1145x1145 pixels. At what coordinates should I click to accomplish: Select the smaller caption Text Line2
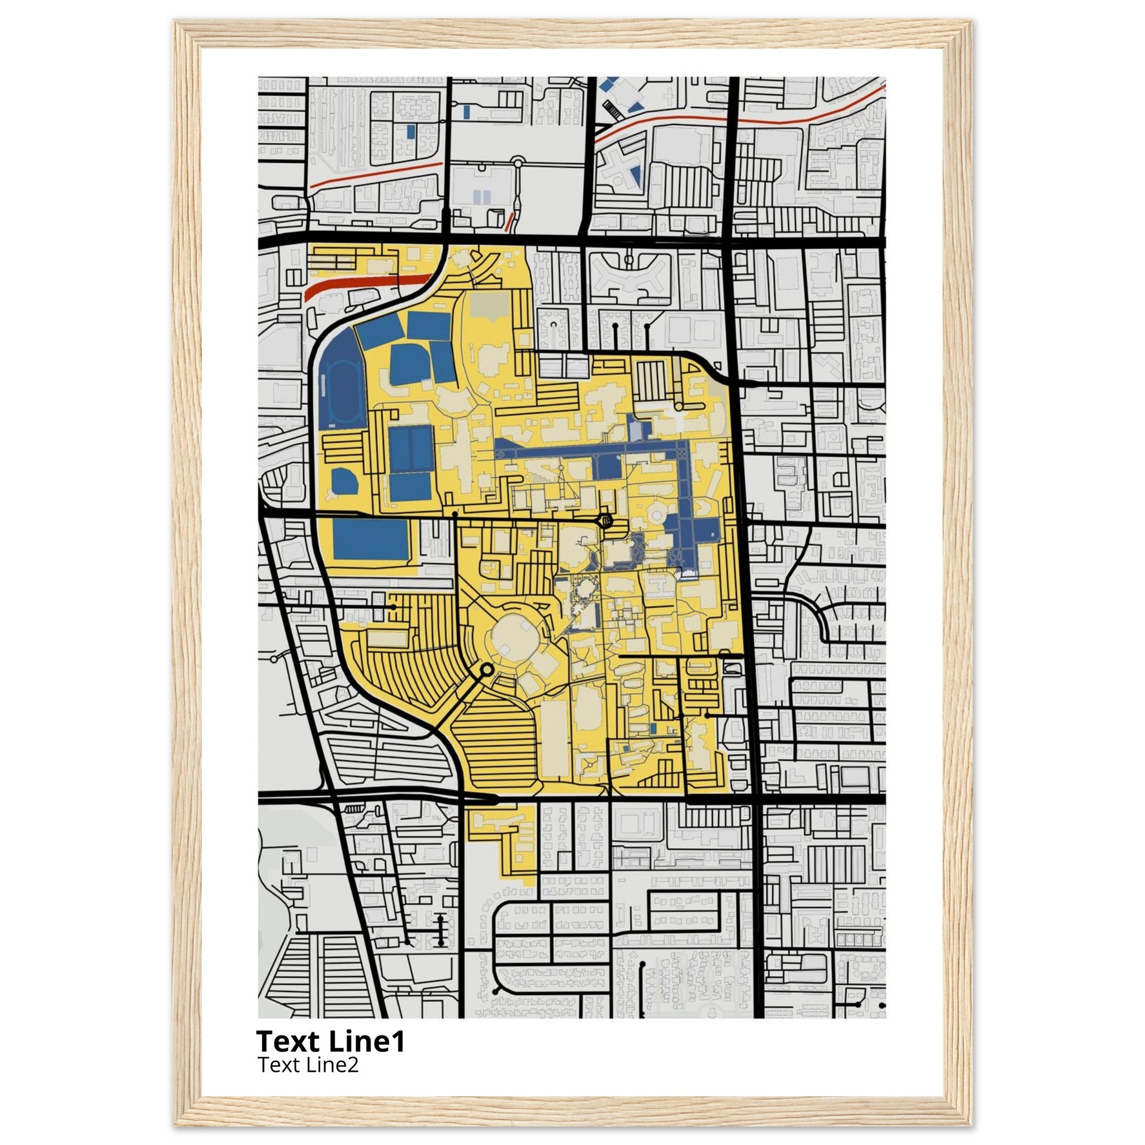pos(307,1065)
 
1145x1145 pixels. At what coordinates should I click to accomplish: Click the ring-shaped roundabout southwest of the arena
pos(486,670)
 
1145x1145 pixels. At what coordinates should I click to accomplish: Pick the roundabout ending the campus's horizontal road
pos(605,522)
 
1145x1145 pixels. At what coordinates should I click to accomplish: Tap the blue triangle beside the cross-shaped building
pos(636,176)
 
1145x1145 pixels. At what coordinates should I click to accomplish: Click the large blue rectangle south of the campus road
pos(371,540)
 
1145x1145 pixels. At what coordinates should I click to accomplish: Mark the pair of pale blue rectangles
pos(483,196)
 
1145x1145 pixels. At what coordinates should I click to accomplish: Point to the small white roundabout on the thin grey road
pos(517,160)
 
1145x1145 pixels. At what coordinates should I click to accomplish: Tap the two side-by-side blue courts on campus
pos(410,448)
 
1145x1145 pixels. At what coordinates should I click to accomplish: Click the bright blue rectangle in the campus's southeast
pos(653,728)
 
